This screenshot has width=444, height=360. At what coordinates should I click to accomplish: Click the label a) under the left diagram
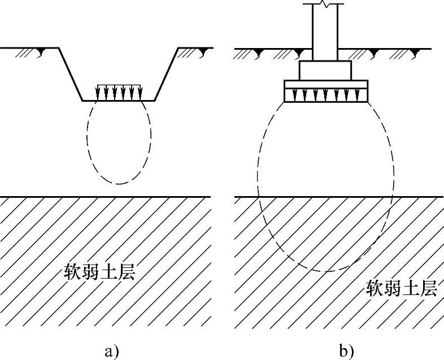[111, 352]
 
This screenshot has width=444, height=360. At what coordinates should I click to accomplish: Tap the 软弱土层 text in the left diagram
[101, 274]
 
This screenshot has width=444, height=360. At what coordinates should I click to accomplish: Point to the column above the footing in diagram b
[325, 34]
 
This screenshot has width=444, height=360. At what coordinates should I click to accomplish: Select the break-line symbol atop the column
[325, 5]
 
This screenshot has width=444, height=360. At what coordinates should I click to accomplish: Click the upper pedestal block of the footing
[325, 70]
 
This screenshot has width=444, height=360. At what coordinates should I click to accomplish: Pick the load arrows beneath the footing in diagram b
[326, 96]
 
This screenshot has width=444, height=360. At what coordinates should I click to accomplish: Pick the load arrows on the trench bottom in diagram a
[119, 92]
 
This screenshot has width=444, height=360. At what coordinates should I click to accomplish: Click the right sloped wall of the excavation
[167, 74]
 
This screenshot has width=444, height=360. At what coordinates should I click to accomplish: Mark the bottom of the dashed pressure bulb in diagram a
[119, 185]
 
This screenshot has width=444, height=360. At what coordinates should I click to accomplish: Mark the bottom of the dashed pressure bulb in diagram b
[326, 272]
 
